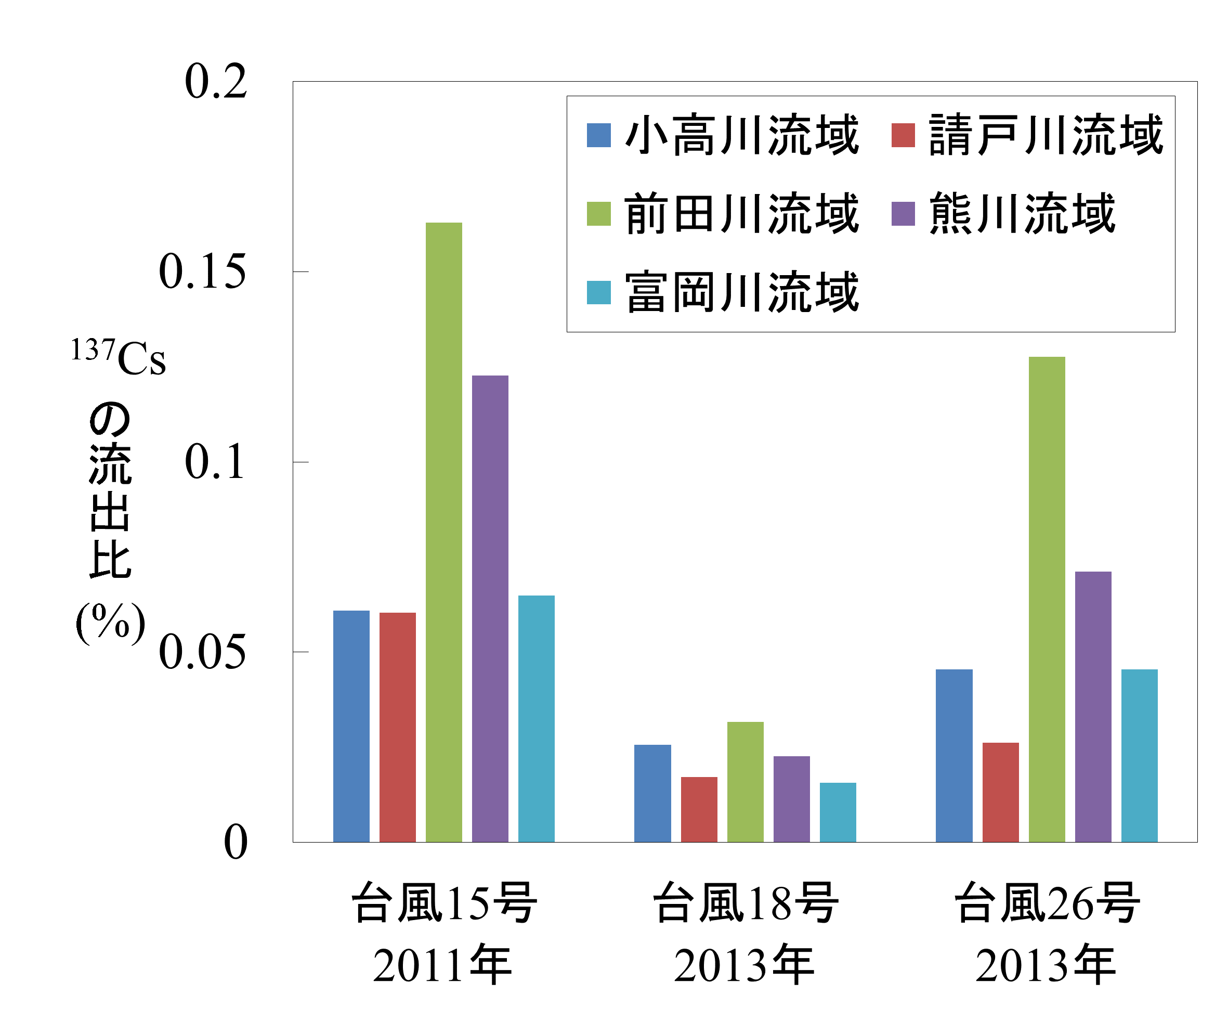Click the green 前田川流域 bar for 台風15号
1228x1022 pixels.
(x=444, y=533)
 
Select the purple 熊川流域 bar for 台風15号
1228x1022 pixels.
(x=490, y=609)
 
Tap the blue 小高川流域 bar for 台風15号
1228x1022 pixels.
(x=351, y=726)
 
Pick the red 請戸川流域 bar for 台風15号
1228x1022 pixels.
(x=398, y=727)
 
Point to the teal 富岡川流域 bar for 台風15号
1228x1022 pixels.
(x=536, y=718)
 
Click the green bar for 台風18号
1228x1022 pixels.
(x=746, y=782)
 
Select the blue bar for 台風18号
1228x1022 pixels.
(x=652, y=793)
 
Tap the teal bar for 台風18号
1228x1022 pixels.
(x=838, y=812)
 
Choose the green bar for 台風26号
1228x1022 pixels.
(x=1047, y=599)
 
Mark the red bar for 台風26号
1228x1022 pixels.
(x=1000, y=792)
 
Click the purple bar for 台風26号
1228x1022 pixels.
(x=1093, y=707)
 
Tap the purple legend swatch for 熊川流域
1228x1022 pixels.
(x=903, y=214)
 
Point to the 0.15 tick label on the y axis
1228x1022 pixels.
(x=202, y=271)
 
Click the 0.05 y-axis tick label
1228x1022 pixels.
(x=202, y=652)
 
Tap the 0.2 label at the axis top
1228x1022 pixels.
(x=216, y=81)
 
